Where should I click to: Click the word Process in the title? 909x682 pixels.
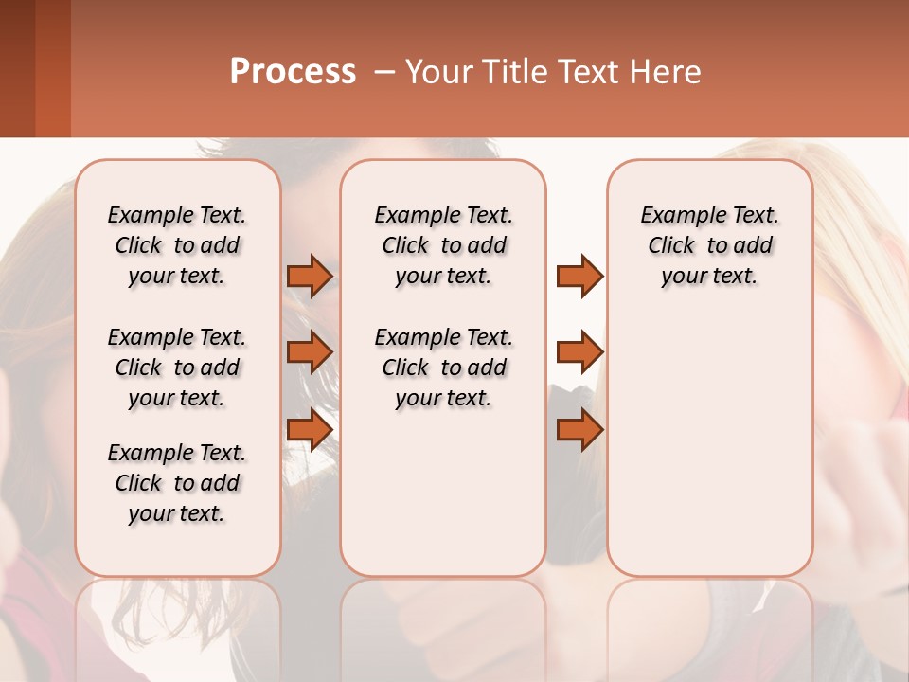pos(293,72)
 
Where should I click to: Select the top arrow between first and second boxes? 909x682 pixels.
pos(309,276)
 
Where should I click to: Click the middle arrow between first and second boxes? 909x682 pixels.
pos(309,352)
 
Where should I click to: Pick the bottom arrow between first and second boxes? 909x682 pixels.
pos(309,430)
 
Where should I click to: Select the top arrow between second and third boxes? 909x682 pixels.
pos(579,276)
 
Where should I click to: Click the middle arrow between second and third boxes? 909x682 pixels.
pos(579,352)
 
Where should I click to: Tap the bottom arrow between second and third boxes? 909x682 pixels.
pos(579,430)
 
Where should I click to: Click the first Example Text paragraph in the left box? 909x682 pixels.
pos(177,245)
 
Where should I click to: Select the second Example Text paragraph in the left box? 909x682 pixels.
pos(177,368)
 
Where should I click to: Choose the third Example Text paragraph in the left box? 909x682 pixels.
pos(177,483)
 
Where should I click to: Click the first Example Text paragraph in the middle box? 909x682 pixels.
pos(443,245)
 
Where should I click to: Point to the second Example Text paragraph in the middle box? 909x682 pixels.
pos(443,368)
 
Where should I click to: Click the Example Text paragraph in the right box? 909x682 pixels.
pos(709,245)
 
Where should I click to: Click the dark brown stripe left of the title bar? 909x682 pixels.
pos(17,68)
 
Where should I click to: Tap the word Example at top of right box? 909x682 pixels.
pos(675,216)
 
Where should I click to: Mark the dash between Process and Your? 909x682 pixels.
pos(384,72)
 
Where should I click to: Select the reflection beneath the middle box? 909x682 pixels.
pos(443,625)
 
